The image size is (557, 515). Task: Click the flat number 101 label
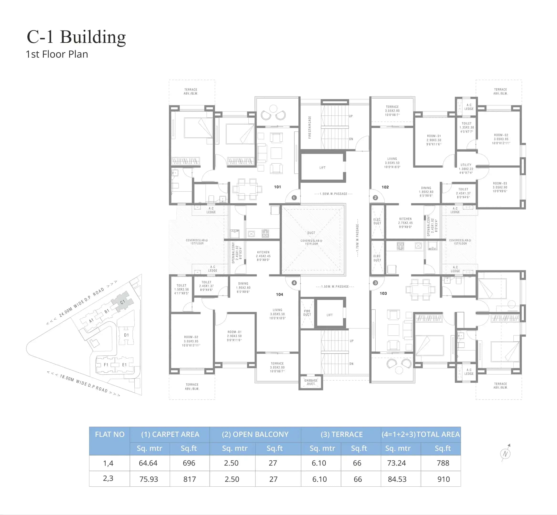pyautogui.click(x=277, y=187)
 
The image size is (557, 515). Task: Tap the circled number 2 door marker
pyautogui.click(x=375, y=198)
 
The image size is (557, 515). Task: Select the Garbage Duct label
pyautogui.click(x=311, y=382)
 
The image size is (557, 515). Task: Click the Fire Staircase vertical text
pyautogui.click(x=310, y=127)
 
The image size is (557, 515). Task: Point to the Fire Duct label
pyautogui.click(x=307, y=313)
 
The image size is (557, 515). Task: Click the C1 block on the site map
pyautogui.click(x=123, y=302)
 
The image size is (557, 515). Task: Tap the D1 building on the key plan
pyautogui.click(x=126, y=335)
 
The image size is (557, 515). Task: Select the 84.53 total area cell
pyautogui.click(x=397, y=479)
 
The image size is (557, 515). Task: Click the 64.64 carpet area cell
pyautogui.click(x=148, y=463)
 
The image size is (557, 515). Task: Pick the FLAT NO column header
pyautogui.click(x=110, y=434)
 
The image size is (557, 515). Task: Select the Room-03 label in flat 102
pyautogui.click(x=500, y=187)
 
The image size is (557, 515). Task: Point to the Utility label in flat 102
pyautogui.click(x=466, y=169)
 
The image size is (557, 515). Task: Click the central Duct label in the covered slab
pyautogui.click(x=311, y=233)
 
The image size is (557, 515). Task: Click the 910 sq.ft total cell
pyautogui.click(x=443, y=479)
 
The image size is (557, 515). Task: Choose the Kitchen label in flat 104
pyautogui.click(x=263, y=256)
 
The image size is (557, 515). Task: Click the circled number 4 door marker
pyautogui.click(x=294, y=283)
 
